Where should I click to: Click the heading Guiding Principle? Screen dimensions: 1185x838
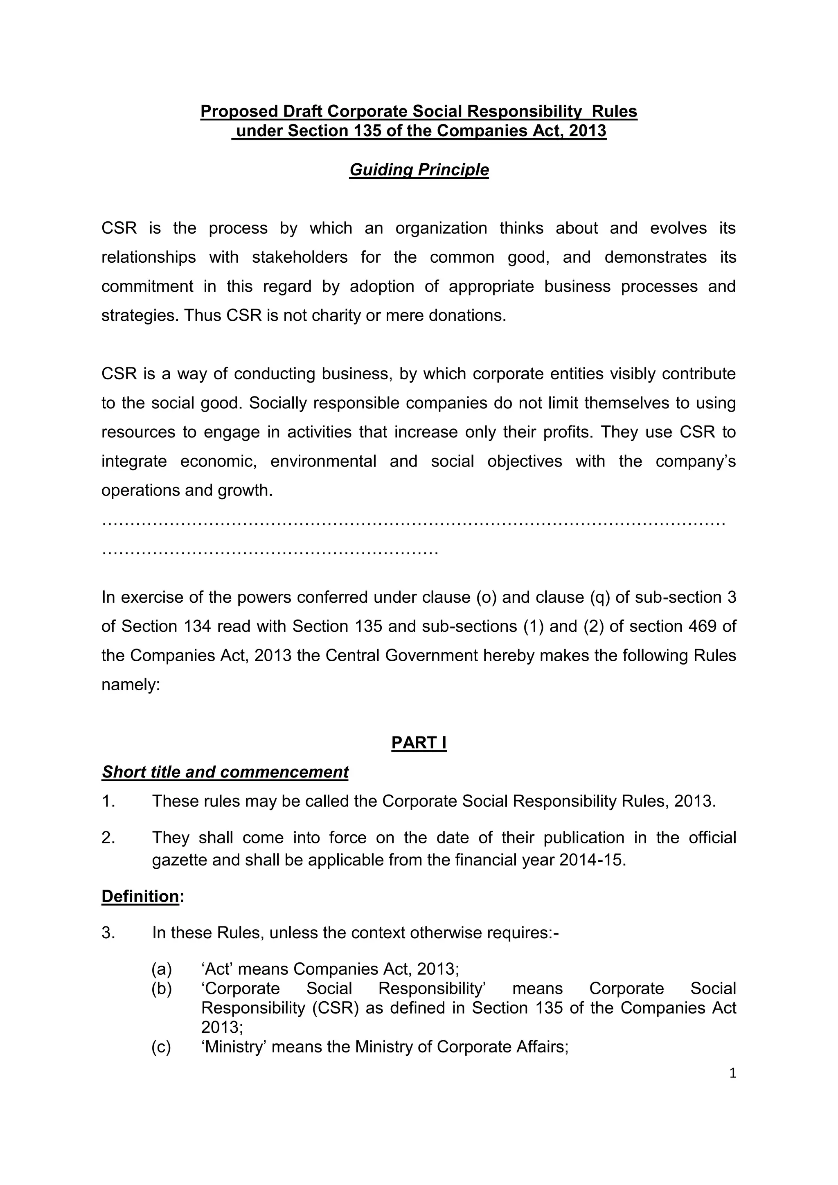point(419,170)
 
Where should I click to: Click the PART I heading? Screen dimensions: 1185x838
point(419,742)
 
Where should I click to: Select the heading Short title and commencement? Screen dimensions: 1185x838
point(225,772)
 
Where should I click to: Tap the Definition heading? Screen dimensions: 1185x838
point(140,896)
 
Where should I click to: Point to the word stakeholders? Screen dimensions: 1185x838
point(300,257)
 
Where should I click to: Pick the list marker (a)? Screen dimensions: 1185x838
point(162,969)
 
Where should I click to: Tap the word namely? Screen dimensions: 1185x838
point(131,685)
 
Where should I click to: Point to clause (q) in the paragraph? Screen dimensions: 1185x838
point(599,597)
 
